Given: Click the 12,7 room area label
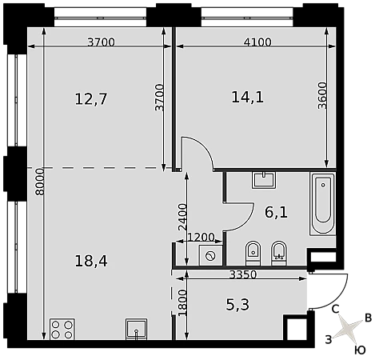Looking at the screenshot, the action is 91,98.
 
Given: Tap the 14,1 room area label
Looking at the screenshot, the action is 248,97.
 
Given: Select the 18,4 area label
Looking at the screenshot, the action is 91,261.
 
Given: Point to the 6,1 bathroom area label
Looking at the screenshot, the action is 276,213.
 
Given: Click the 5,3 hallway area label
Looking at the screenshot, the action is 237,305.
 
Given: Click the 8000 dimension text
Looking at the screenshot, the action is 40,182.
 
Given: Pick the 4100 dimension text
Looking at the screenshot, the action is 257,42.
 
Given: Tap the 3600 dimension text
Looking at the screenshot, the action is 322,95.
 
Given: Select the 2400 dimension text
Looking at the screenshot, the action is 182,217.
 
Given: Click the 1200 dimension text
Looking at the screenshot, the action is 201,237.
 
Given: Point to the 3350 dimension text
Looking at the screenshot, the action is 243,274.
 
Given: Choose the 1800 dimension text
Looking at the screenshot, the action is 182,303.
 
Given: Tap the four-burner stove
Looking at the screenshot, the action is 62,329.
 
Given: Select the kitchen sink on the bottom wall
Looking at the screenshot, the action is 136,329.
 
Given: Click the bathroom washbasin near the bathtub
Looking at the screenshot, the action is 264,180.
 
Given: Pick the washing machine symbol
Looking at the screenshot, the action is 210,256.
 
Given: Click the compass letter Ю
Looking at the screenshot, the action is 360,350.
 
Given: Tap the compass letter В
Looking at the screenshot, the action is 368,318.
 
